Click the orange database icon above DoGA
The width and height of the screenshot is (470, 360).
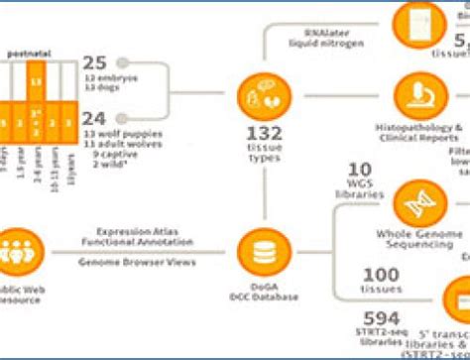[261, 243]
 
